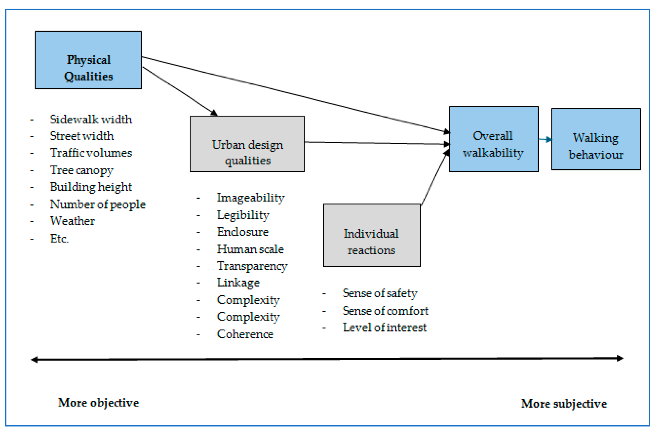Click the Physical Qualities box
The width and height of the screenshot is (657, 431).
pyautogui.click(x=88, y=60)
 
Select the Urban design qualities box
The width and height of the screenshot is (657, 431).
pyautogui.click(x=247, y=144)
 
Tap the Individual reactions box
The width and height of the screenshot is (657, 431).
pyautogui.click(x=372, y=235)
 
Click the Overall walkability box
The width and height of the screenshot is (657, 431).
pyautogui.click(x=493, y=139)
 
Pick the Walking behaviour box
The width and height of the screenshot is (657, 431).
pyautogui.click(x=596, y=139)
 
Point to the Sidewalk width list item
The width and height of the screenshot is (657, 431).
pyautogui.click(x=91, y=119)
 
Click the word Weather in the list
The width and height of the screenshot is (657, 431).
pyautogui.click(x=72, y=221)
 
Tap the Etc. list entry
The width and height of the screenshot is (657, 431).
pyautogui.click(x=59, y=238)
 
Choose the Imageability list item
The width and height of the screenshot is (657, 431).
pyautogui.click(x=250, y=198)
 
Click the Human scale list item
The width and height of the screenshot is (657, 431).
pyautogui.click(x=250, y=249)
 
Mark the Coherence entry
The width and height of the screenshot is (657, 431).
pyautogui.click(x=245, y=334)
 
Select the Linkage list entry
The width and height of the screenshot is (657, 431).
pyautogui.click(x=238, y=283)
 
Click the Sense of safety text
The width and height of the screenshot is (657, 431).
pyautogui.click(x=380, y=293)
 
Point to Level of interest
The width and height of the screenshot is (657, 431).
pyautogui.click(x=384, y=327)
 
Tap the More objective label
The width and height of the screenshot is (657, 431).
pyautogui.click(x=98, y=403)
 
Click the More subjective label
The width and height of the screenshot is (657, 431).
pyautogui.click(x=564, y=403)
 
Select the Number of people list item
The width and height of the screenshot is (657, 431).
pyautogui.click(x=98, y=204)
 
